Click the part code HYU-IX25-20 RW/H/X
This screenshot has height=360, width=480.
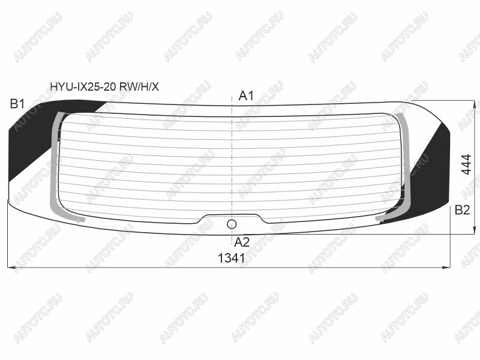tap(104, 87)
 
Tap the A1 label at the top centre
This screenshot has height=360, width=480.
tap(246, 96)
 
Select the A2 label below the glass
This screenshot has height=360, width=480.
tap(242, 242)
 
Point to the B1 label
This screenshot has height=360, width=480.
tap(17, 104)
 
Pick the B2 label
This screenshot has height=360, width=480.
tap(462, 210)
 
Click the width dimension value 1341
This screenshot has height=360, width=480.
tap(232, 259)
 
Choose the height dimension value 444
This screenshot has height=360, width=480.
tap(466, 164)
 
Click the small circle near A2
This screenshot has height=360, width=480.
tap(232, 224)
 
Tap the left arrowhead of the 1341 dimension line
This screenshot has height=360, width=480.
tap(11, 268)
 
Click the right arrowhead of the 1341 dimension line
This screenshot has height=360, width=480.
tap(446, 268)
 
